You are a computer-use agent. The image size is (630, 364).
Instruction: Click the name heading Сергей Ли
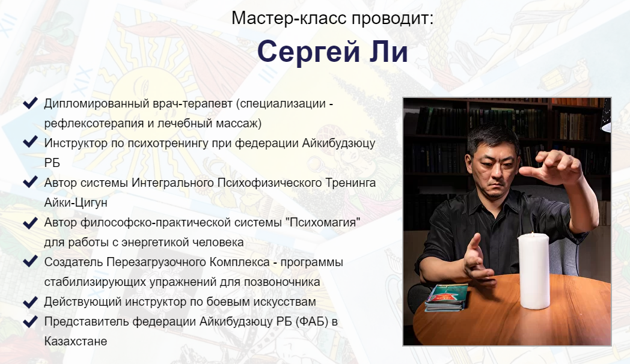pyautogui.click(x=332, y=53)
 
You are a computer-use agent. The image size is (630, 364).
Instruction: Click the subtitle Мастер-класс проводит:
pyautogui.click(x=332, y=18)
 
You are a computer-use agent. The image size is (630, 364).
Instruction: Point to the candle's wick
pyautogui.click(x=533, y=231)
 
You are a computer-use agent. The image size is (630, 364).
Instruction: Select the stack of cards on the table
pyautogui.click(x=445, y=297)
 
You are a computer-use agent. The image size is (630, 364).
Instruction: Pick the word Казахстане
pyautogui.click(x=76, y=341)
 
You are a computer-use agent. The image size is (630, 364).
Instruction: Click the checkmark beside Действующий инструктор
pyautogui.click(x=30, y=302)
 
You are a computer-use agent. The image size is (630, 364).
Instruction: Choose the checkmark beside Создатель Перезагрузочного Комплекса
pyautogui.click(x=30, y=262)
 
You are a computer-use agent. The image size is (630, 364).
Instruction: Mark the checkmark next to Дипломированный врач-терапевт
pyautogui.click(x=30, y=103)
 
